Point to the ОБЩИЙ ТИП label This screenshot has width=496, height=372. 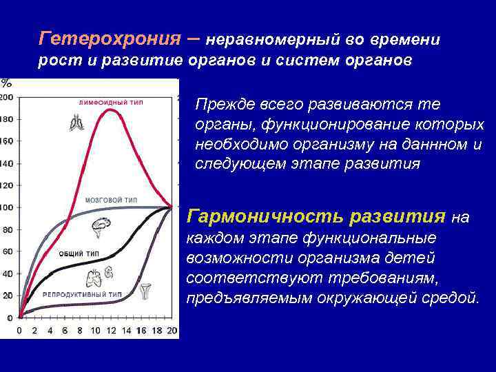click(x=79, y=254)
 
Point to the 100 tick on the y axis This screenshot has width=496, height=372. click(x=6, y=207)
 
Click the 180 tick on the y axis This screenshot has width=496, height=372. click(x=6, y=119)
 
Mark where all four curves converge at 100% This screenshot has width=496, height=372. click(x=171, y=207)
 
